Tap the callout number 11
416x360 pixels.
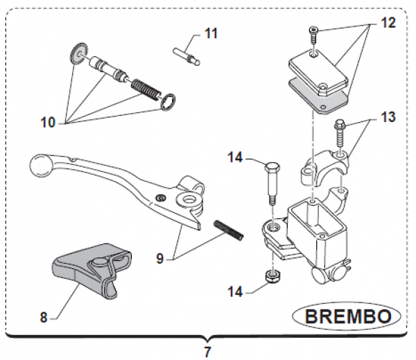click(x=211, y=33)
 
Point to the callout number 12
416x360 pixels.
click(x=388, y=23)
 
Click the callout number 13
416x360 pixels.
click(x=388, y=117)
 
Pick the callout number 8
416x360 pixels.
click(x=43, y=318)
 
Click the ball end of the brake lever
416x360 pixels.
click(x=40, y=166)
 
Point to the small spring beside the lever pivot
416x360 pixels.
click(x=229, y=230)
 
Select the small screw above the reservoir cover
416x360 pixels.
click(x=313, y=32)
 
